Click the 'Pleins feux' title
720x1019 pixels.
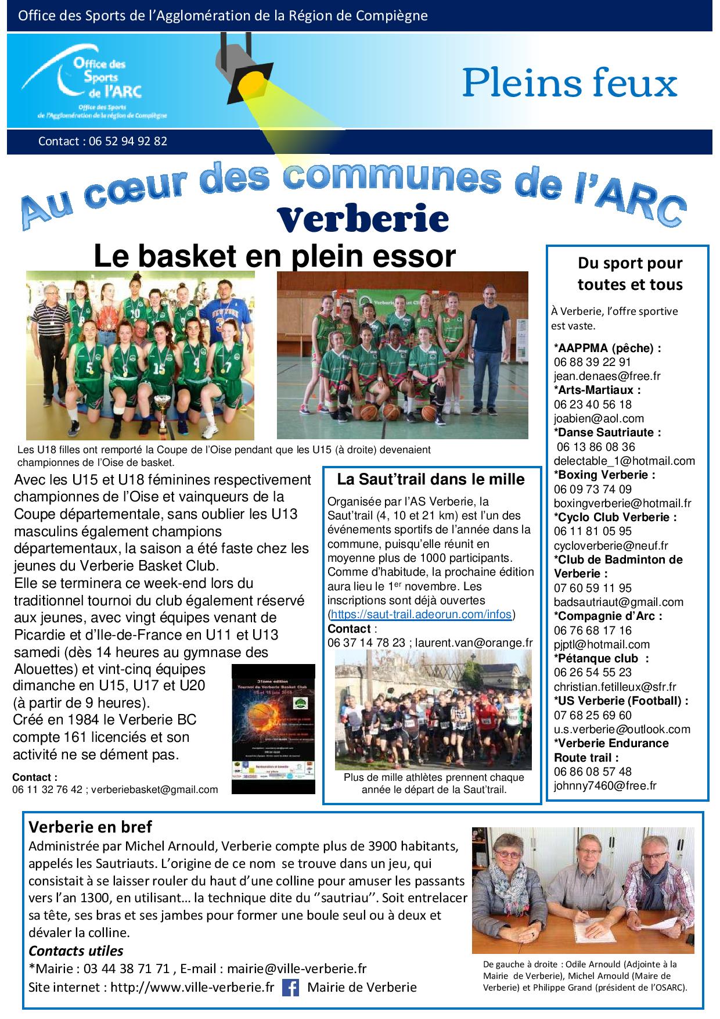click(x=570, y=83)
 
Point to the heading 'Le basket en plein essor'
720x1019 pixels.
click(x=275, y=256)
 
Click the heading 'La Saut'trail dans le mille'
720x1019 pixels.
click(x=431, y=479)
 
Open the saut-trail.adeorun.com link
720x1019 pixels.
click(x=420, y=614)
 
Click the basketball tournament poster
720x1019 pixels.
click(x=273, y=729)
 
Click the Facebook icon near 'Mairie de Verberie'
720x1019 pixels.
click(x=290, y=987)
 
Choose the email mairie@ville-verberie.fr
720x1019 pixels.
click(x=297, y=968)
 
